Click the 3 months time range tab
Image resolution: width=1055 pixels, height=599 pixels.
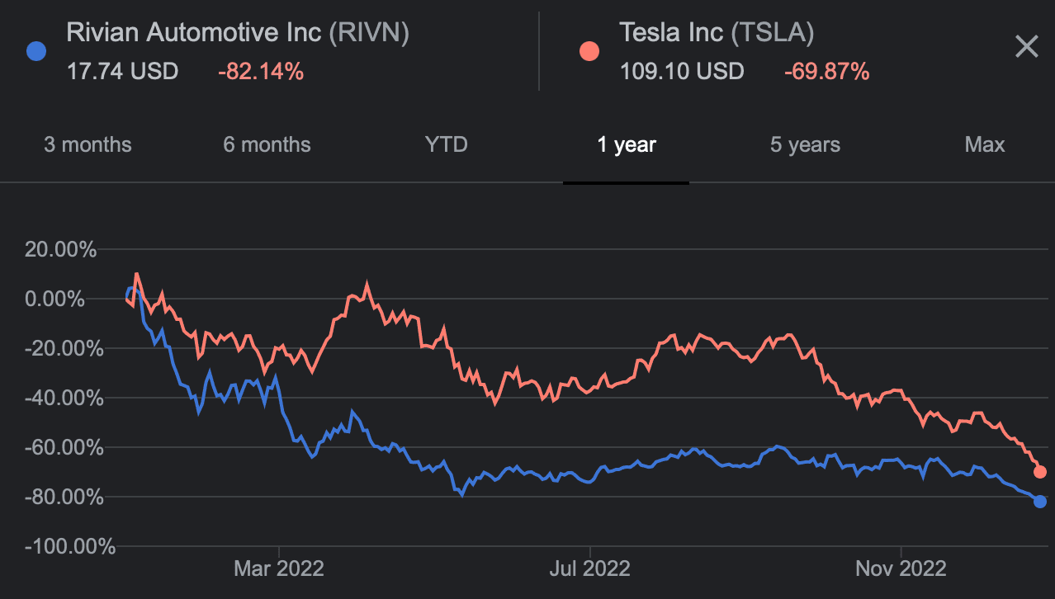88,145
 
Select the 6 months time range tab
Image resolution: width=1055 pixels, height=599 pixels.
267,145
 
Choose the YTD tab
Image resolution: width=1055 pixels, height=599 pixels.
446,145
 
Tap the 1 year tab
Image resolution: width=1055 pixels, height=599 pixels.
626,145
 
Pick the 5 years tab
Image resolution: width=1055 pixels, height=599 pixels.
805,145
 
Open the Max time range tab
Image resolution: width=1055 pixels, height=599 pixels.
984,145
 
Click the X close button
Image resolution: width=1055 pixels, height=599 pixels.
1026,46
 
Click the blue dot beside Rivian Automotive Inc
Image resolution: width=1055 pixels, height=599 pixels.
36,51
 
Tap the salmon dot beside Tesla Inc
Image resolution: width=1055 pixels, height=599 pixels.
589,51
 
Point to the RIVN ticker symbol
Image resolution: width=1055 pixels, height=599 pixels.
369,33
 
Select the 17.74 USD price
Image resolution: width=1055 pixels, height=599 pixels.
122,72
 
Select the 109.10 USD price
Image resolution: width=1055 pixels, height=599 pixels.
682,72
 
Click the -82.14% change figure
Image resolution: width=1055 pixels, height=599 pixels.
261,72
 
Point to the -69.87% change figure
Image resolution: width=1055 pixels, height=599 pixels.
826,72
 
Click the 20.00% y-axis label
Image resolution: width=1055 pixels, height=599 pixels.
60,249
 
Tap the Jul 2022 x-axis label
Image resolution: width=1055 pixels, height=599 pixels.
589,568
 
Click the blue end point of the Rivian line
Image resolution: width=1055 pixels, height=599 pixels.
1040,502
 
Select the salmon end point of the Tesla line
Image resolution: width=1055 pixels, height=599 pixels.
1040,472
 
